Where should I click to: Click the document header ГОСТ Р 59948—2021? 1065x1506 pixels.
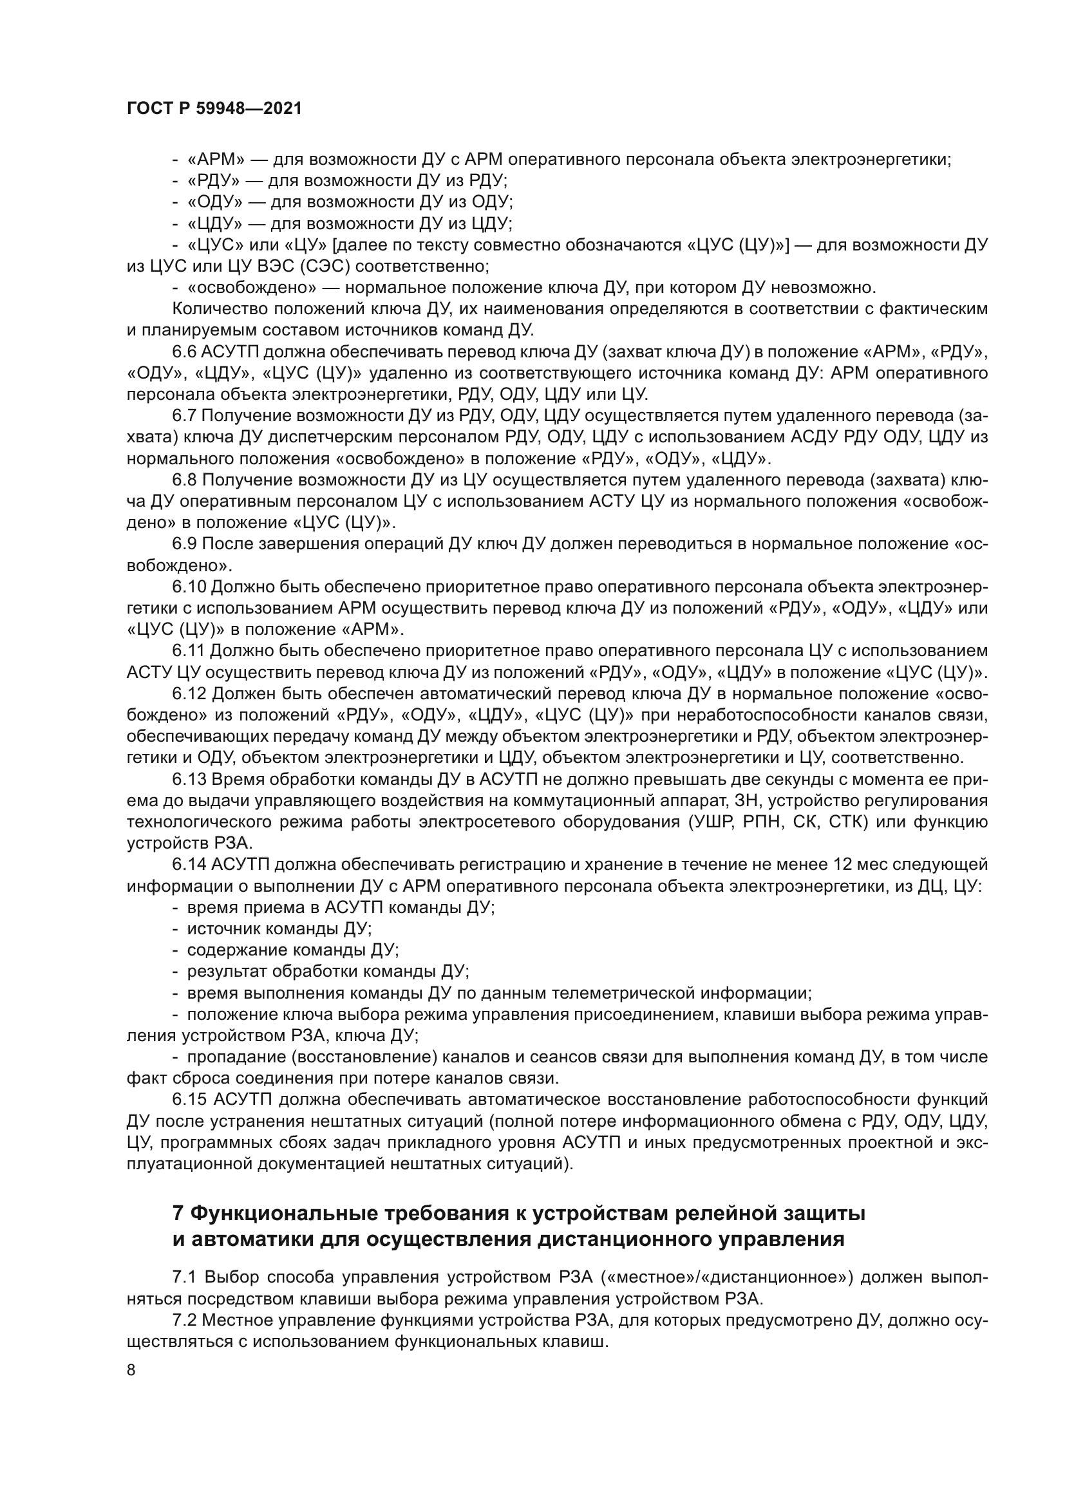(214, 109)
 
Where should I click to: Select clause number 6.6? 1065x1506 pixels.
(185, 352)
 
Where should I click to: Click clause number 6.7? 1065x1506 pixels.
(185, 416)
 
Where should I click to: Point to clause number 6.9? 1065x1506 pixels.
(185, 544)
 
